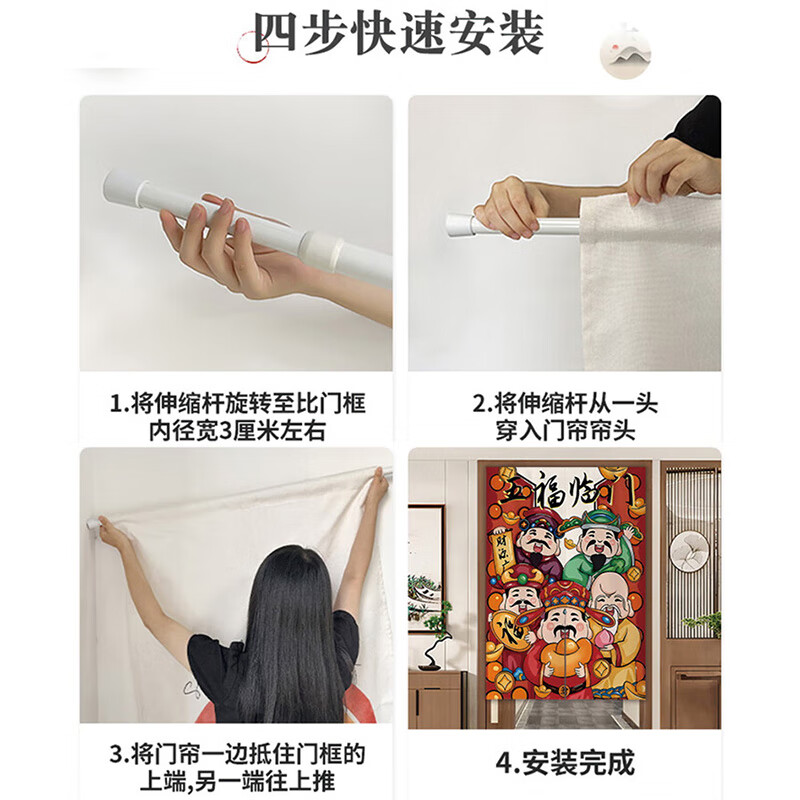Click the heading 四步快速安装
click(x=399, y=35)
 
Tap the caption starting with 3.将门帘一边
click(x=237, y=765)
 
